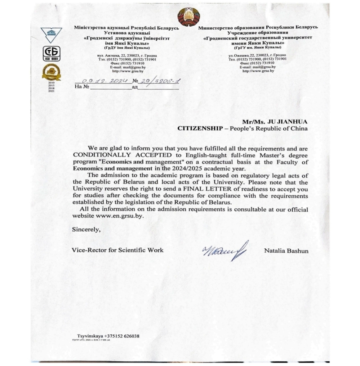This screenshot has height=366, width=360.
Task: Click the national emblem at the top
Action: pos(188,17)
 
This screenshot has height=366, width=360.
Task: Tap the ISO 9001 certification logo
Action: pos(52,54)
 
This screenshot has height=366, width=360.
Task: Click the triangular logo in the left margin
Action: pos(51,35)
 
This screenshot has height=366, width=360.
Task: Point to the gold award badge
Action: pos(51,72)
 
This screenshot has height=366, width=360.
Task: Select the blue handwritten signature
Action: pos(225,249)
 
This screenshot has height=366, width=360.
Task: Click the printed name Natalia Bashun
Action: pos(286,250)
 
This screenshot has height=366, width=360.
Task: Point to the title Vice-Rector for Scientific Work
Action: pos(117,250)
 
